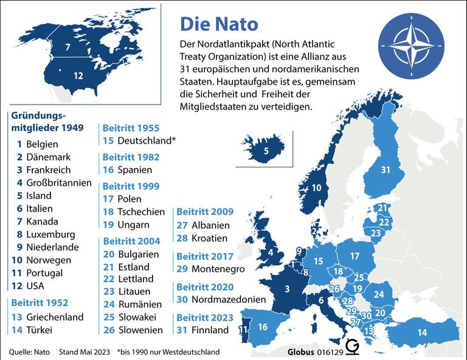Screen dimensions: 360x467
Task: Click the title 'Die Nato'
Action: point(219,24)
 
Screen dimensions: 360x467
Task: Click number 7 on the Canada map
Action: point(68,47)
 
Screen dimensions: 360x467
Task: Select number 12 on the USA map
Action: point(78,76)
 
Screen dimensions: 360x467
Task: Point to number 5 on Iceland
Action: point(266,150)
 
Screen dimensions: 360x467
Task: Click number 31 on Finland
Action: point(385,170)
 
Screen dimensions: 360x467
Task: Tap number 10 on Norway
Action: point(316,188)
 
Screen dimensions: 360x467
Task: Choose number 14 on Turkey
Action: point(421,332)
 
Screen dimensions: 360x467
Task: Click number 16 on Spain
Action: point(263,327)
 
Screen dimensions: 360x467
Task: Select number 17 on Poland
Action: point(355,256)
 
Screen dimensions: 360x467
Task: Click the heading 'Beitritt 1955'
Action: point(131,128)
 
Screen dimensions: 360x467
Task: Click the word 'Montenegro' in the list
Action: point(218,268)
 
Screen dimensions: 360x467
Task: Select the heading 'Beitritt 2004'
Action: point(131,241)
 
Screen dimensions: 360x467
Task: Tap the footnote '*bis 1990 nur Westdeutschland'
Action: point(168,351)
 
